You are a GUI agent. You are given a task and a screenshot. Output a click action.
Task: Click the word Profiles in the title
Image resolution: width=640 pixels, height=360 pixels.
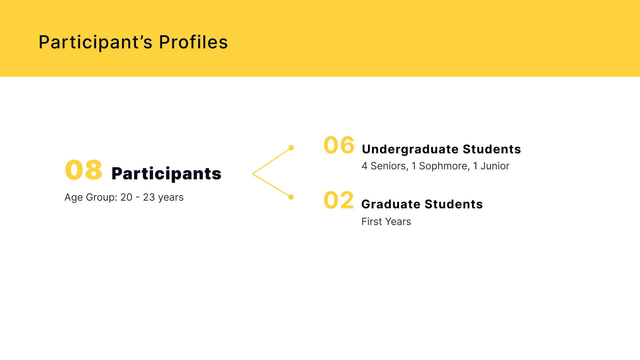click(193, 42)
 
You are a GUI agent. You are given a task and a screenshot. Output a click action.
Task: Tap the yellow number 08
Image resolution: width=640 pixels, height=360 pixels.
click(84, 170)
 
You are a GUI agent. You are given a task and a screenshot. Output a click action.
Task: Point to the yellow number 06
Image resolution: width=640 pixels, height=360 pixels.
click(339, 145)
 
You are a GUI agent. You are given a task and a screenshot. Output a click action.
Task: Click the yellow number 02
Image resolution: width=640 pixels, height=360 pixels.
click(339, 200)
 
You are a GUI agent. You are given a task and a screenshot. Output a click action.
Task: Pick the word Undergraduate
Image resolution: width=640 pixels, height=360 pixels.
click(410, 150)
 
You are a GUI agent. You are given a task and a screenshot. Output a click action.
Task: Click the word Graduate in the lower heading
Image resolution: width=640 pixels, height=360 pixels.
click(391, 204)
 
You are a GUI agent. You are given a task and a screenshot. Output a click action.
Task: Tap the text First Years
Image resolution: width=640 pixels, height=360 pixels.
click(386, 222)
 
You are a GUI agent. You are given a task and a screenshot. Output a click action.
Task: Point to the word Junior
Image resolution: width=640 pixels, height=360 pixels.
click(495, 166)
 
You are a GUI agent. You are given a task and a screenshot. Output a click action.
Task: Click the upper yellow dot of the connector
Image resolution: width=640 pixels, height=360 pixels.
click(291, 148)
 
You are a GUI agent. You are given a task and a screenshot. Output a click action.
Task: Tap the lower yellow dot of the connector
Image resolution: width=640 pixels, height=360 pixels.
click(291, 197)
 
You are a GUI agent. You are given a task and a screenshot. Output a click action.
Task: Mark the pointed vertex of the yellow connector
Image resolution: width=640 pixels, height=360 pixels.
click(253, 174)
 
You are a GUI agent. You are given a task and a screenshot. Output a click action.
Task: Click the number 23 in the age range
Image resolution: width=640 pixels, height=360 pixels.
click(149, 197)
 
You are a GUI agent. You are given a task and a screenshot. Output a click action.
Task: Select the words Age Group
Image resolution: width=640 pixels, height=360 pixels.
click(91, 198)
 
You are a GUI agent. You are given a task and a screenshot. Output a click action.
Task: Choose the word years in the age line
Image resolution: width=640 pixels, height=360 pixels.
click(171, 198)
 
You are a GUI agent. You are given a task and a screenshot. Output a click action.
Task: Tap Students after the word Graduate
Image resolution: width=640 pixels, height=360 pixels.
click(454, 204)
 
